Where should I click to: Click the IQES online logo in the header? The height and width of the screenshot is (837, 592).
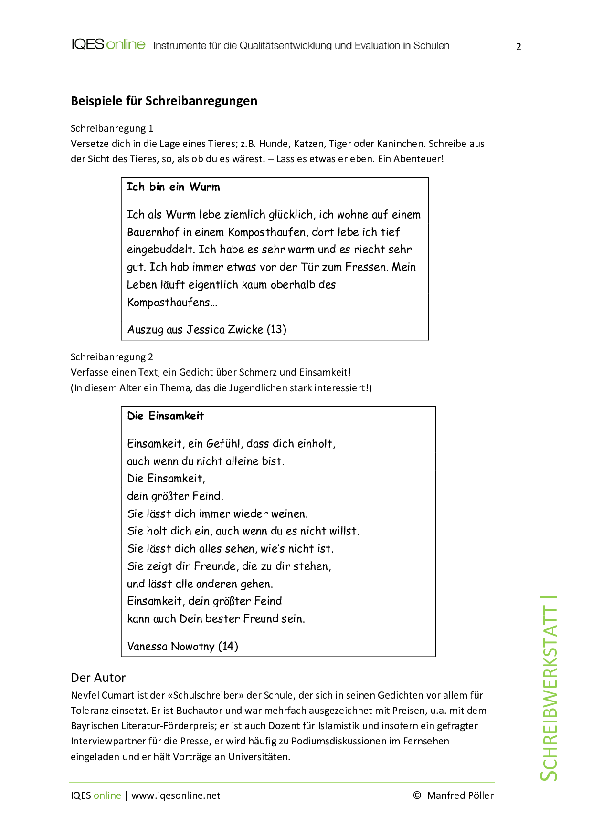108,44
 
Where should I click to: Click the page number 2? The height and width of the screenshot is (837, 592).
518,47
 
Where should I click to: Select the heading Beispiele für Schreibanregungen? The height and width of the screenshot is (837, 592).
164,101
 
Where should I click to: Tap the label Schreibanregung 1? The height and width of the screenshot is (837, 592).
112,128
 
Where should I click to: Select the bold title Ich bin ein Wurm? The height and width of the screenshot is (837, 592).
173,187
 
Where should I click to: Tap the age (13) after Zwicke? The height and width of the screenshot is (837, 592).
276,330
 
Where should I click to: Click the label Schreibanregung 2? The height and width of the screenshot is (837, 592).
112,357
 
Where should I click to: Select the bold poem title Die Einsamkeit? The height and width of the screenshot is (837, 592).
165,416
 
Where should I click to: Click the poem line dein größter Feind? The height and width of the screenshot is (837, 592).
175,496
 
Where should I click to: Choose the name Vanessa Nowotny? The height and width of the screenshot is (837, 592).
171,647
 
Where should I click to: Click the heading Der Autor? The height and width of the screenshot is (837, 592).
98,678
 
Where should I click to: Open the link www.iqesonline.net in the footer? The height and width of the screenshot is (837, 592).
176,795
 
